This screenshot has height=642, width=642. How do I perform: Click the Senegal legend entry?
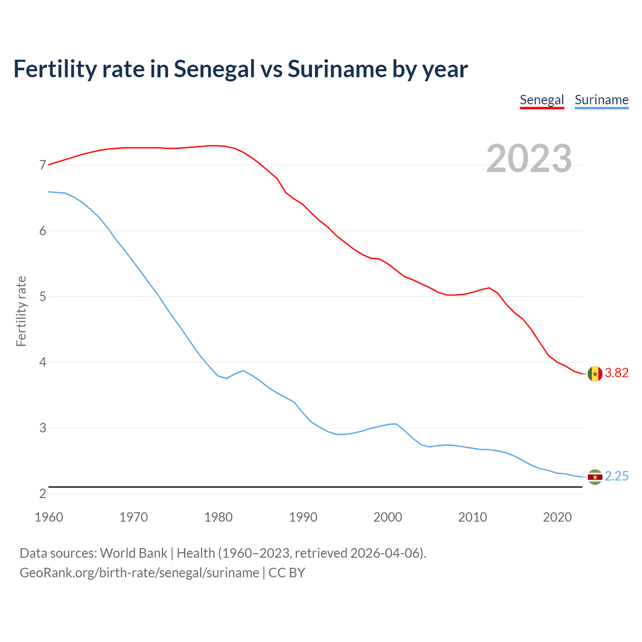click(542, 100)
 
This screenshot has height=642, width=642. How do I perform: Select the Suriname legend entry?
click(601, 100)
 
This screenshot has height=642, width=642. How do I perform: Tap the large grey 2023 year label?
click(529, 158)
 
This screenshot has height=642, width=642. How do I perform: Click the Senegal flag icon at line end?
click(595, 374)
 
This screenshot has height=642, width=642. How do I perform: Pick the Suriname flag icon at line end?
click(595, 477)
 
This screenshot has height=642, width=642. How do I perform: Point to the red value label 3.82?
click(616, 373)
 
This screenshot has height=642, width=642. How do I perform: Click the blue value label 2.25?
click(616, 476)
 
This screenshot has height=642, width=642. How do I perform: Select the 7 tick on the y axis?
click(43, 165)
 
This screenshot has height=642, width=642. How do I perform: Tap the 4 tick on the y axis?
click(43, 362)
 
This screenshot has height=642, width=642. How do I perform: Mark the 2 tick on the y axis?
click(43, 494)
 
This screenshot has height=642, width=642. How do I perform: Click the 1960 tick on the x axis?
click(49, 517)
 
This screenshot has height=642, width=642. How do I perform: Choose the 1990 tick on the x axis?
click(303, 517)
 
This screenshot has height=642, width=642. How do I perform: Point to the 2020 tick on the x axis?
click(557, 517)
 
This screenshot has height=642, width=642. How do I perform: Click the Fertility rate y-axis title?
click(21, 311)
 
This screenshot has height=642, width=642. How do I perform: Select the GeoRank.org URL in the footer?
click(139, 573)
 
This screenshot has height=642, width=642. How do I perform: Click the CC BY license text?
click(287, 573)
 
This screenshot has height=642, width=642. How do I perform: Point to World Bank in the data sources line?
click(133, 553)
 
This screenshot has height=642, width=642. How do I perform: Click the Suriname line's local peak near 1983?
click(243, 371)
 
